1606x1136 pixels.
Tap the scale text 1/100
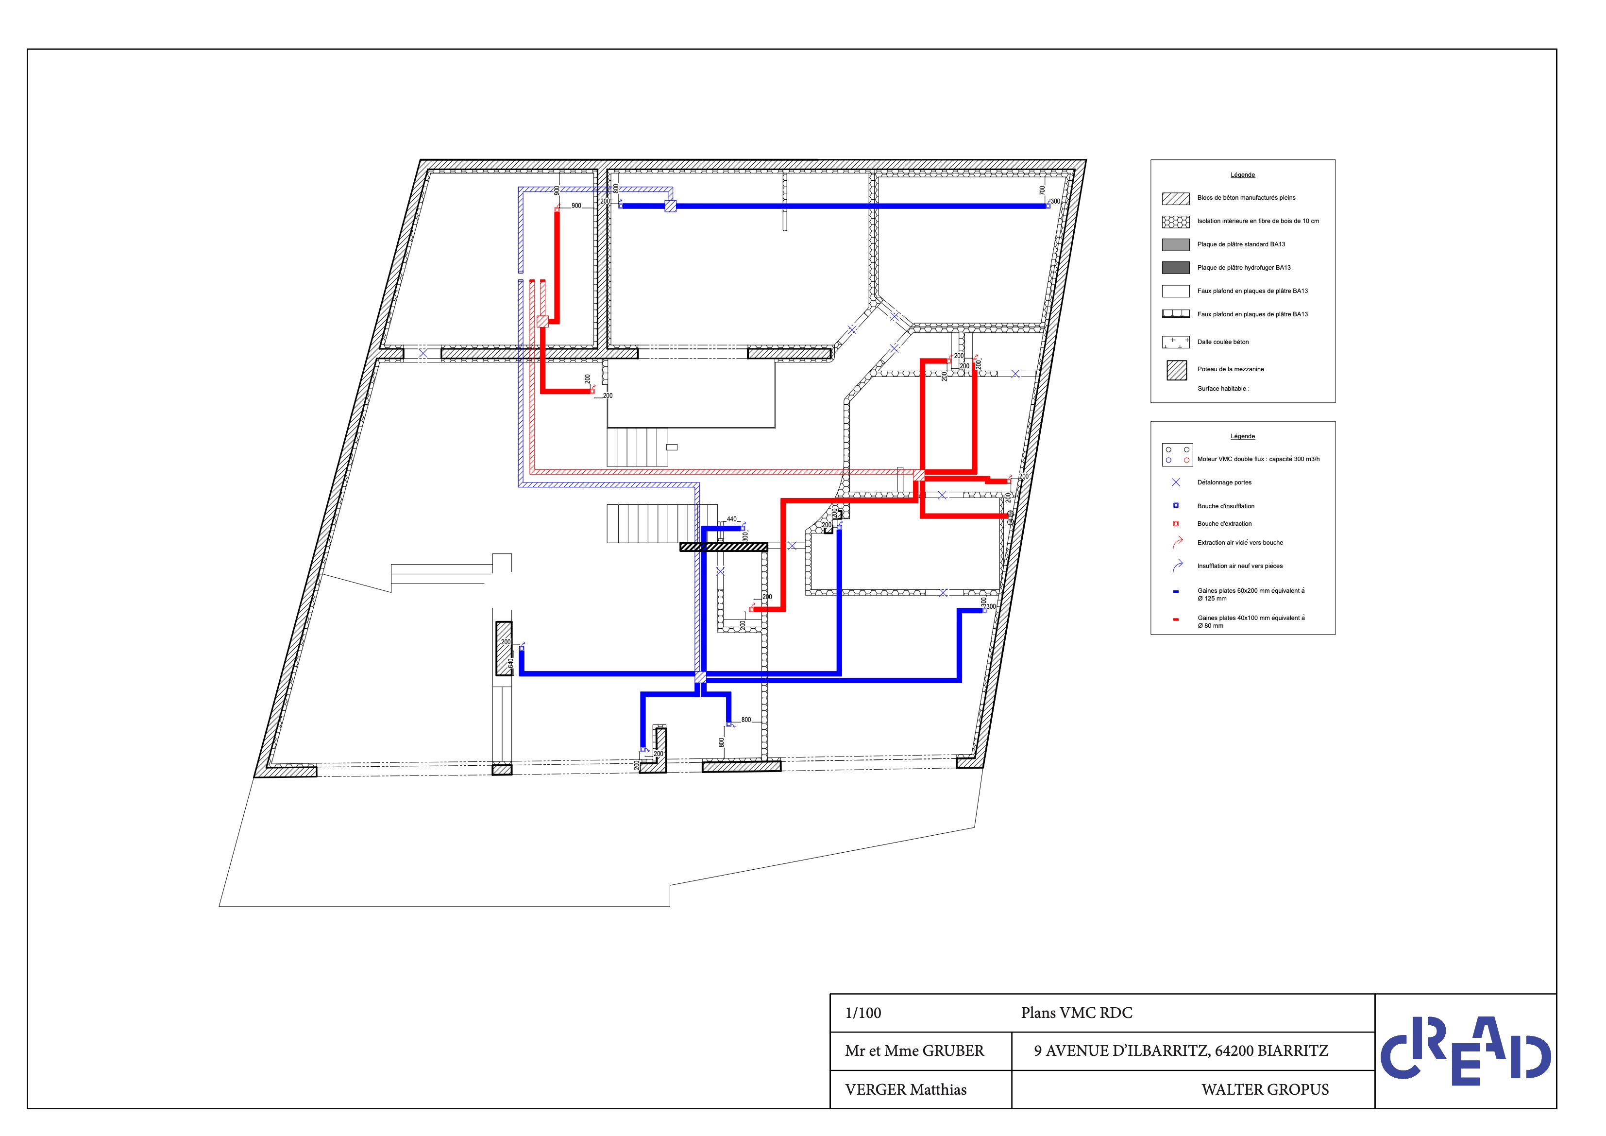(x=863, y=1013)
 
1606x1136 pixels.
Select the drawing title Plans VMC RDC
(x=1077, y=1013)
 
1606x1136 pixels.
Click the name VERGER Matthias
(x=906, y=1090)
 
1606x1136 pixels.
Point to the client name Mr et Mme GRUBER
(x=914, y=1050)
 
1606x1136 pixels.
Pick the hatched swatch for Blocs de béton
(x=1175, y=198)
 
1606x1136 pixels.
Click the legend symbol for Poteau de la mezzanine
(x=1177, y=370)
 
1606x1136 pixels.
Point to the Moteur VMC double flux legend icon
(x=1177, y=455)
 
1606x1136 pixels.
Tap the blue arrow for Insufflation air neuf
(x=1177, y=565)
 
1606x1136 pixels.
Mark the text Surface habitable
(x=1223, y=389)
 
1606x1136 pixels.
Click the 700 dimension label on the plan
(x=1042, y=190)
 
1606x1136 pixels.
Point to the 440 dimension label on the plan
(x=732, y=519)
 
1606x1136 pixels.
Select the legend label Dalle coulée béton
(x=1223, y=342)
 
